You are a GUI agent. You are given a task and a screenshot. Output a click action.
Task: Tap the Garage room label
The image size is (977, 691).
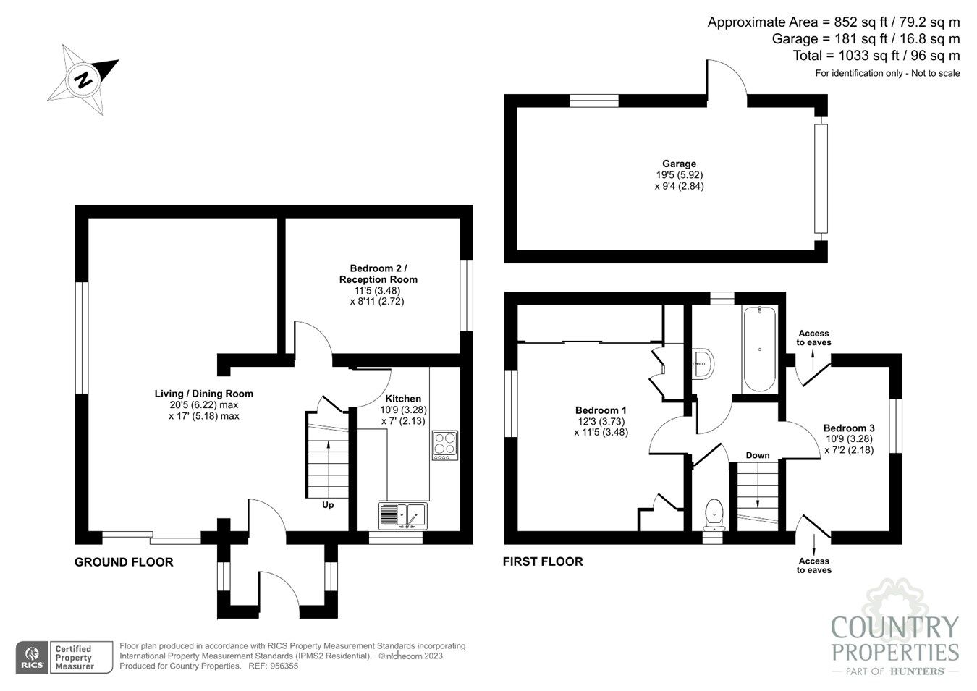[x=679, y=164]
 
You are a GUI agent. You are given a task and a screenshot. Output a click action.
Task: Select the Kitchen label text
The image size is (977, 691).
[x=403, y=399]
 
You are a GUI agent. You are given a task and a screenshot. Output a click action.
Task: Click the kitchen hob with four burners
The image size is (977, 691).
[x=444, y=445]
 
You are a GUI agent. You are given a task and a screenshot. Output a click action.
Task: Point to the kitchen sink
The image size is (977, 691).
[x=403, y=516]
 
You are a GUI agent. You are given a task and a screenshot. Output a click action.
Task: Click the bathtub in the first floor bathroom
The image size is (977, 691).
[x=759, y=349]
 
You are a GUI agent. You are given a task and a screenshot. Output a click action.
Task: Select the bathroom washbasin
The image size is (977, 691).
[x=702, y=363]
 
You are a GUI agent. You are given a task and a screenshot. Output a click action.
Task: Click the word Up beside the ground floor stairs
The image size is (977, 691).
[x=328, y=505]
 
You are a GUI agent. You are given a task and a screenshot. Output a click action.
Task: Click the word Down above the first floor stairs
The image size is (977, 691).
[x=758, y=455]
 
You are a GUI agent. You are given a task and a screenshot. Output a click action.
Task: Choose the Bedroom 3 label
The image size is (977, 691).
[x=849, y=428]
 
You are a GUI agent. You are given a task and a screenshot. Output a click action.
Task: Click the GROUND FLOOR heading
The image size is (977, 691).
[x=124, y=562]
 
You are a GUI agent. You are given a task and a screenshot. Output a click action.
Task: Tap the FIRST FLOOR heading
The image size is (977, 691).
[x=543, y=561]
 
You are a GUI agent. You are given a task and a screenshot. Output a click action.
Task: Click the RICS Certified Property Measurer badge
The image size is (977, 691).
[x=65, y=657]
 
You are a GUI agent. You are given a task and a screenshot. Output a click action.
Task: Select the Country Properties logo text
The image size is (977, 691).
[x=894, y=639]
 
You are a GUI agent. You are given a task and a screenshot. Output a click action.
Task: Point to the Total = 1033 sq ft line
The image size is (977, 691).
[x=876, y=56]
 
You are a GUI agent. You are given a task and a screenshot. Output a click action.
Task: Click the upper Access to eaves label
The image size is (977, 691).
[x=813, y=338]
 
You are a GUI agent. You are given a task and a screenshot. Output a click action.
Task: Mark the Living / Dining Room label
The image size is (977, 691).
[x=204, y=394]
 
